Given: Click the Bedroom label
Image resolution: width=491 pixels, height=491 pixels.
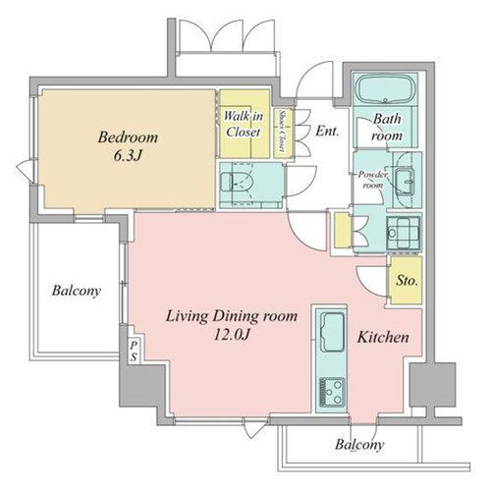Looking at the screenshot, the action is tap(128, 137).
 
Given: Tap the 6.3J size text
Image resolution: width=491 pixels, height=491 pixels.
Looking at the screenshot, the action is tap(128, 156).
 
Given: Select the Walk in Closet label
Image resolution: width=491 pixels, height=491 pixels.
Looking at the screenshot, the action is tap(244, 124).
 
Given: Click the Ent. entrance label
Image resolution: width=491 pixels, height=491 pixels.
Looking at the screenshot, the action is tap(327, 131).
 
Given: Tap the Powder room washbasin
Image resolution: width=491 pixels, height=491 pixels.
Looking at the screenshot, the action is tap(405, 181).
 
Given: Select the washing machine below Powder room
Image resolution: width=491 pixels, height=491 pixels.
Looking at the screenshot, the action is tap(404, 233).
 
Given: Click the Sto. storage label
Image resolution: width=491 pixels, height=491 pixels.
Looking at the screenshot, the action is tap(407, 280).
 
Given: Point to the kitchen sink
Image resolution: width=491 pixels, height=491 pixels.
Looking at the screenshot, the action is tap(332, 332).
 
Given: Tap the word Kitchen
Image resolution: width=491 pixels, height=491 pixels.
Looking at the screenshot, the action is tap(383, 337).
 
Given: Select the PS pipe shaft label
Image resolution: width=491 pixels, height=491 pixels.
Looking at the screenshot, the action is tap(134, 351).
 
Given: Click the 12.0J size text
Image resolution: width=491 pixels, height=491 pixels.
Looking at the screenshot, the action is tap(232, 335).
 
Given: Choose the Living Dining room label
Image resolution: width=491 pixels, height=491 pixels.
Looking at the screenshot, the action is tap(232, 316).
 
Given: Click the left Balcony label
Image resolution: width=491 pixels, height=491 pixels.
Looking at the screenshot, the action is tap(77, 291).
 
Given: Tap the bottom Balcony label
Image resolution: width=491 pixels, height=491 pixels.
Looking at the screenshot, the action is tap(359, 445).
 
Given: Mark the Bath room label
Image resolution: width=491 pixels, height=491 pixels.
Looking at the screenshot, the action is tap(387, 127).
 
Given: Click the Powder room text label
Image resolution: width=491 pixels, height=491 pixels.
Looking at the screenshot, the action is tap(373, 180).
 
